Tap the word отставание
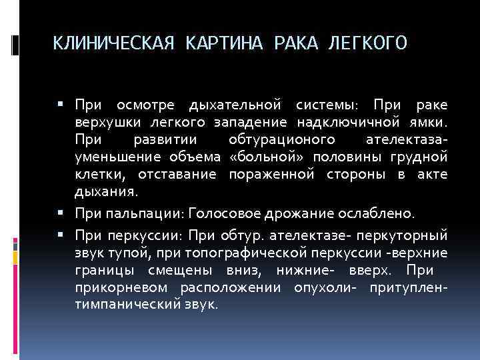tap(177, 175)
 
